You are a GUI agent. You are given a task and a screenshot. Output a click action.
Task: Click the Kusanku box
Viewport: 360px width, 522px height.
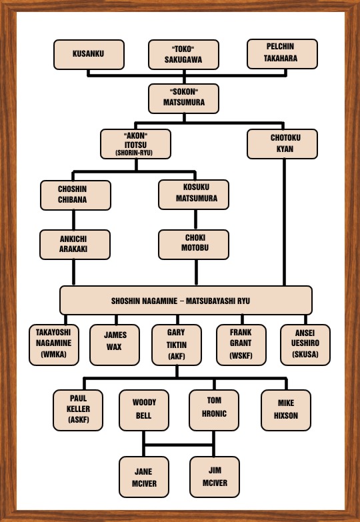[x=89, y=55]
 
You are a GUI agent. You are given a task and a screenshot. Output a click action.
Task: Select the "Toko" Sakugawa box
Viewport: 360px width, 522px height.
[x=183, y=55]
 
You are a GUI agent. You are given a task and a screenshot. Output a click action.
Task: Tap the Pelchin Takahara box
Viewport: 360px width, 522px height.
[x=282, y=54]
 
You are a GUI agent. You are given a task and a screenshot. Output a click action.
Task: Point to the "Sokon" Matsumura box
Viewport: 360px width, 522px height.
[x=183, y=99]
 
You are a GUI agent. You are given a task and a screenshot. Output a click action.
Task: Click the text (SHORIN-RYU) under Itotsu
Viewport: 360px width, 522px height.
[x=134, y=153]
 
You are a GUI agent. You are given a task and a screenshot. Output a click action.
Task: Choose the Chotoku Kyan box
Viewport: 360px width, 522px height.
[x=282, y=144]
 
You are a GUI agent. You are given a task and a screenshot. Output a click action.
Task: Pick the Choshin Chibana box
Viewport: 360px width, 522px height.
[x=75, y=195]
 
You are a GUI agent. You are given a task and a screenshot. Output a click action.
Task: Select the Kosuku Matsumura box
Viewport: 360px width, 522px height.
[x=193, y=195]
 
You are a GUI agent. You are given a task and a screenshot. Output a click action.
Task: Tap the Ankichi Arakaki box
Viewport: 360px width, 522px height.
[x=75, y=245]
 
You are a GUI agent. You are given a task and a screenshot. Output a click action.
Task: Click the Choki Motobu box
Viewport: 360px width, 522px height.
[x=193, y=245]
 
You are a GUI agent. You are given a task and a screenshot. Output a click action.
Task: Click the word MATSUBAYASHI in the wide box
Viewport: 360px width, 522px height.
[x=207, y=301]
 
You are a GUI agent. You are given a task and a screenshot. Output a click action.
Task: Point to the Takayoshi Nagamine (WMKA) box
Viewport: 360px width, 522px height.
[x=54, y=345]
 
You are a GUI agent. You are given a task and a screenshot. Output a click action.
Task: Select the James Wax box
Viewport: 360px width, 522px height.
[x=115, y=345]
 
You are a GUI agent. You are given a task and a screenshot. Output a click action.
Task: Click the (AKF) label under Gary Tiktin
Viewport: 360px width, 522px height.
[x=177, y=356]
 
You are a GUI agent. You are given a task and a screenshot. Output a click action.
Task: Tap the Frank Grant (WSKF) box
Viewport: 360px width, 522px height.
[x=241, y=345]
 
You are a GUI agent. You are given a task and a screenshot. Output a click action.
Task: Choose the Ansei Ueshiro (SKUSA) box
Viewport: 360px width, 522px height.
[x=305, y=345]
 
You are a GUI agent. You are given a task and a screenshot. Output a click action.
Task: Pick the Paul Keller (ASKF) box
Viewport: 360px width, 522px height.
[x=78, y=410]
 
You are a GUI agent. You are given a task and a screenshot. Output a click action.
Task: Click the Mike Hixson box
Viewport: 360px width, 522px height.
[x=286, y=410]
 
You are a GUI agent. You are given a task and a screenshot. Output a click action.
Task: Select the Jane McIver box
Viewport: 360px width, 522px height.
[x=144, y=477]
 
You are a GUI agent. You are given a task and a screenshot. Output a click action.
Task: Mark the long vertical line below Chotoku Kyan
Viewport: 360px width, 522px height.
[x=284, y=222]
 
